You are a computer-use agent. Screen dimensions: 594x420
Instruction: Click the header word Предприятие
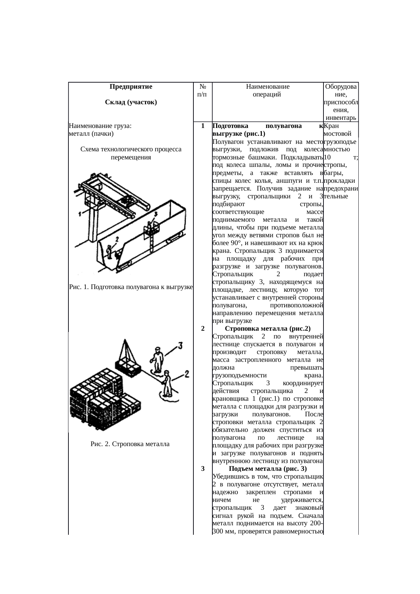click(x=131, y=86)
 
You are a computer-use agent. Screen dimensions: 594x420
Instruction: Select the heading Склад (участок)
click(x=131, y=102)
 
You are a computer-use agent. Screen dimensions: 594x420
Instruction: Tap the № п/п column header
click(x=202, y=90)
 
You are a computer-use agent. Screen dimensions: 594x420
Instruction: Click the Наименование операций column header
click(x=267, y=90)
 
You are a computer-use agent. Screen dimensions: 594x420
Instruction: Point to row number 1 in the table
click(x=202, y=126)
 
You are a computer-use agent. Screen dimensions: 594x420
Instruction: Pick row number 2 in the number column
click(x=202, y=328)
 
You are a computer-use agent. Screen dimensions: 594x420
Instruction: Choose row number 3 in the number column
click(x=202, y=468)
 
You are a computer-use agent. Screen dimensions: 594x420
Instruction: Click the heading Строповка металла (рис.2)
click(x=268, y=328)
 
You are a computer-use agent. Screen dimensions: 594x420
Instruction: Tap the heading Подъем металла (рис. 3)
click(x=268, y=468)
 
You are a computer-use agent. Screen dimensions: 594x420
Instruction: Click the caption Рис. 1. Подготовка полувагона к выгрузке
click(x=131, y=287)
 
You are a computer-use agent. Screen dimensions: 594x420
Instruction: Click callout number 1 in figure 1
click(x=79, y=214)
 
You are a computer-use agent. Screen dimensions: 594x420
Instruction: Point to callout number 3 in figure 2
click(x=180, y=346)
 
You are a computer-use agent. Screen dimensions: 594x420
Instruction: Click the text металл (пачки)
click(x=91, y=134)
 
